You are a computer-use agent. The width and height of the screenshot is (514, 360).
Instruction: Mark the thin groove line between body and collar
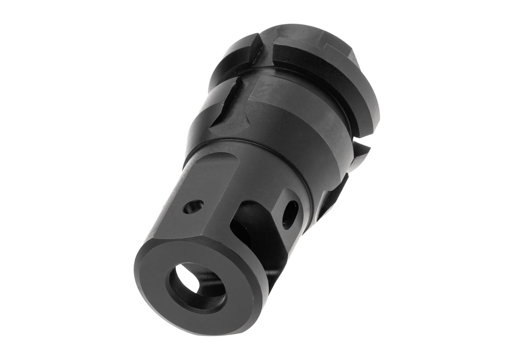click(257, 145)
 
